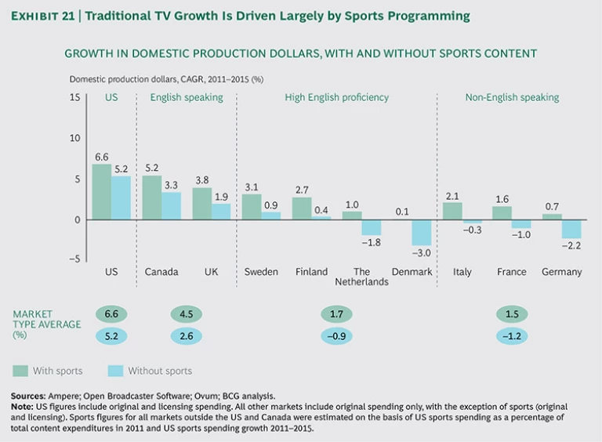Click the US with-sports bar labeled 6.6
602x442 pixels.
[101, 193]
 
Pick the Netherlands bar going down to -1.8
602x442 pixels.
[372, 227]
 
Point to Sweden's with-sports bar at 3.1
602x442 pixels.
[251, 207]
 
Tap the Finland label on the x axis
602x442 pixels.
[311, 272]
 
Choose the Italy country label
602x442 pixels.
[462, 272]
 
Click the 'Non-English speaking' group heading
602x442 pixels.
[512, 97]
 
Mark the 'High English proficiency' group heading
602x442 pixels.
[336, 97]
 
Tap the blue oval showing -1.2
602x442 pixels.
[512, 336]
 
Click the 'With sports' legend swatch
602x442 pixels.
[21, 371]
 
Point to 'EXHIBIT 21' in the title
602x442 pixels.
[41, 16]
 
